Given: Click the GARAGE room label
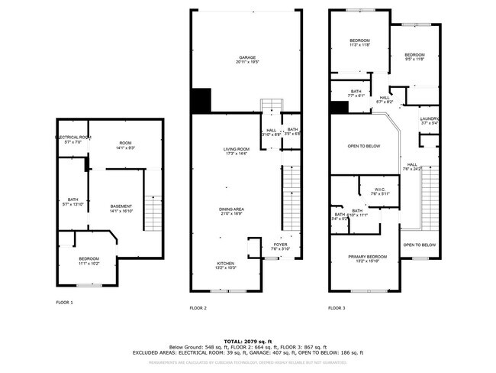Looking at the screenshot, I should [246, 58].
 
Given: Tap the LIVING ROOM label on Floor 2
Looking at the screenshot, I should [236, 151].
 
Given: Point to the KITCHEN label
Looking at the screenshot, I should [225, 264].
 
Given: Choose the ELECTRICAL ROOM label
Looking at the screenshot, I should [73, 139].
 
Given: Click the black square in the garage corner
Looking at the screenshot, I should [200, 99].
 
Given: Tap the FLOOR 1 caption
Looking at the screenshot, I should [64, 303].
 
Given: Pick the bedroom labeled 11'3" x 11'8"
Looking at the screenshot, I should [359, 43].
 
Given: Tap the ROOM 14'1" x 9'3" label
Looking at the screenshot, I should [125, 145].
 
